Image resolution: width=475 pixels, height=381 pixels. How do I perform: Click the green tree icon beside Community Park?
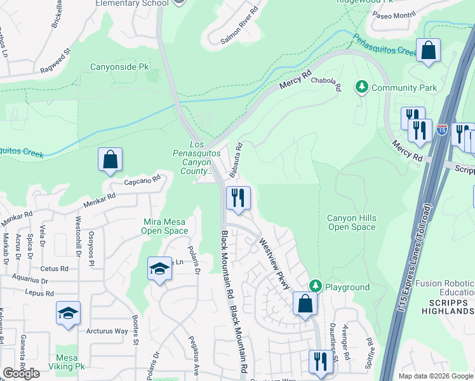[362, 87]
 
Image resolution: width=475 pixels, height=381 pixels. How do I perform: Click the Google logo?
[21, 373]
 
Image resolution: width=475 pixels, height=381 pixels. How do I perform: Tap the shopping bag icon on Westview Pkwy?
[305, 304]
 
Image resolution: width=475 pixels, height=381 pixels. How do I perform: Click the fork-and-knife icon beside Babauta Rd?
[238, 197]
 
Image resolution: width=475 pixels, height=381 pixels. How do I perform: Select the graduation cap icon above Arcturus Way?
[68, 313]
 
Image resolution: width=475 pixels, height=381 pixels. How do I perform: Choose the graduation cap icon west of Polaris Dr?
[160, 269]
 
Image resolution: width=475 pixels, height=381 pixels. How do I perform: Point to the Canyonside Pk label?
[119, 65]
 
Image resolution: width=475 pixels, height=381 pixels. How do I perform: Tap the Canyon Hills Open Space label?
[351, 222]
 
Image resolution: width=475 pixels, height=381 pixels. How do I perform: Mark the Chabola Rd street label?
[326, 84]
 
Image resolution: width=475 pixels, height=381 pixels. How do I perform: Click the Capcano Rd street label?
[141, 181]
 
